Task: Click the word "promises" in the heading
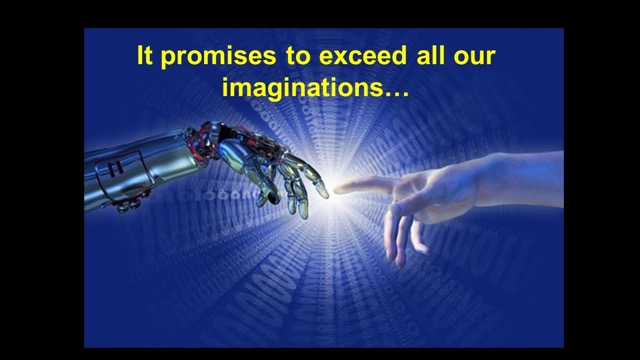tap(218, 57)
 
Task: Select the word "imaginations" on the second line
tap(303, 87)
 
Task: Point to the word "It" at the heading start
tap(144, 55)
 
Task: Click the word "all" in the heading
tap(430, 55)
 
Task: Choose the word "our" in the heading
tap(474, 58)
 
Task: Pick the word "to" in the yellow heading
tap(298, 57)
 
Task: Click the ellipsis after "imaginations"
tap(397, 93)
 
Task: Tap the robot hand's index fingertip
tap(325, 192)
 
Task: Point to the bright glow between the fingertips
tap(331, 192)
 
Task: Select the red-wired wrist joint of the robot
tap(202, 141)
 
